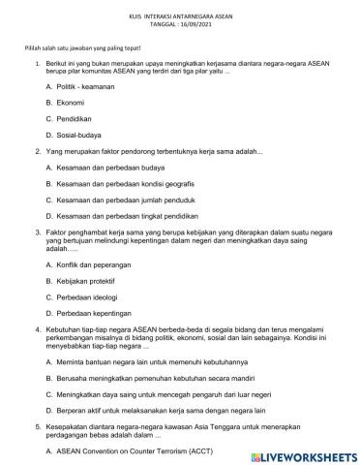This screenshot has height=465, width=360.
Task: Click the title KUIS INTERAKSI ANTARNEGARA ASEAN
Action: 179,16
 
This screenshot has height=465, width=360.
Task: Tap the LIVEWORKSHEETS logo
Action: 300,454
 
